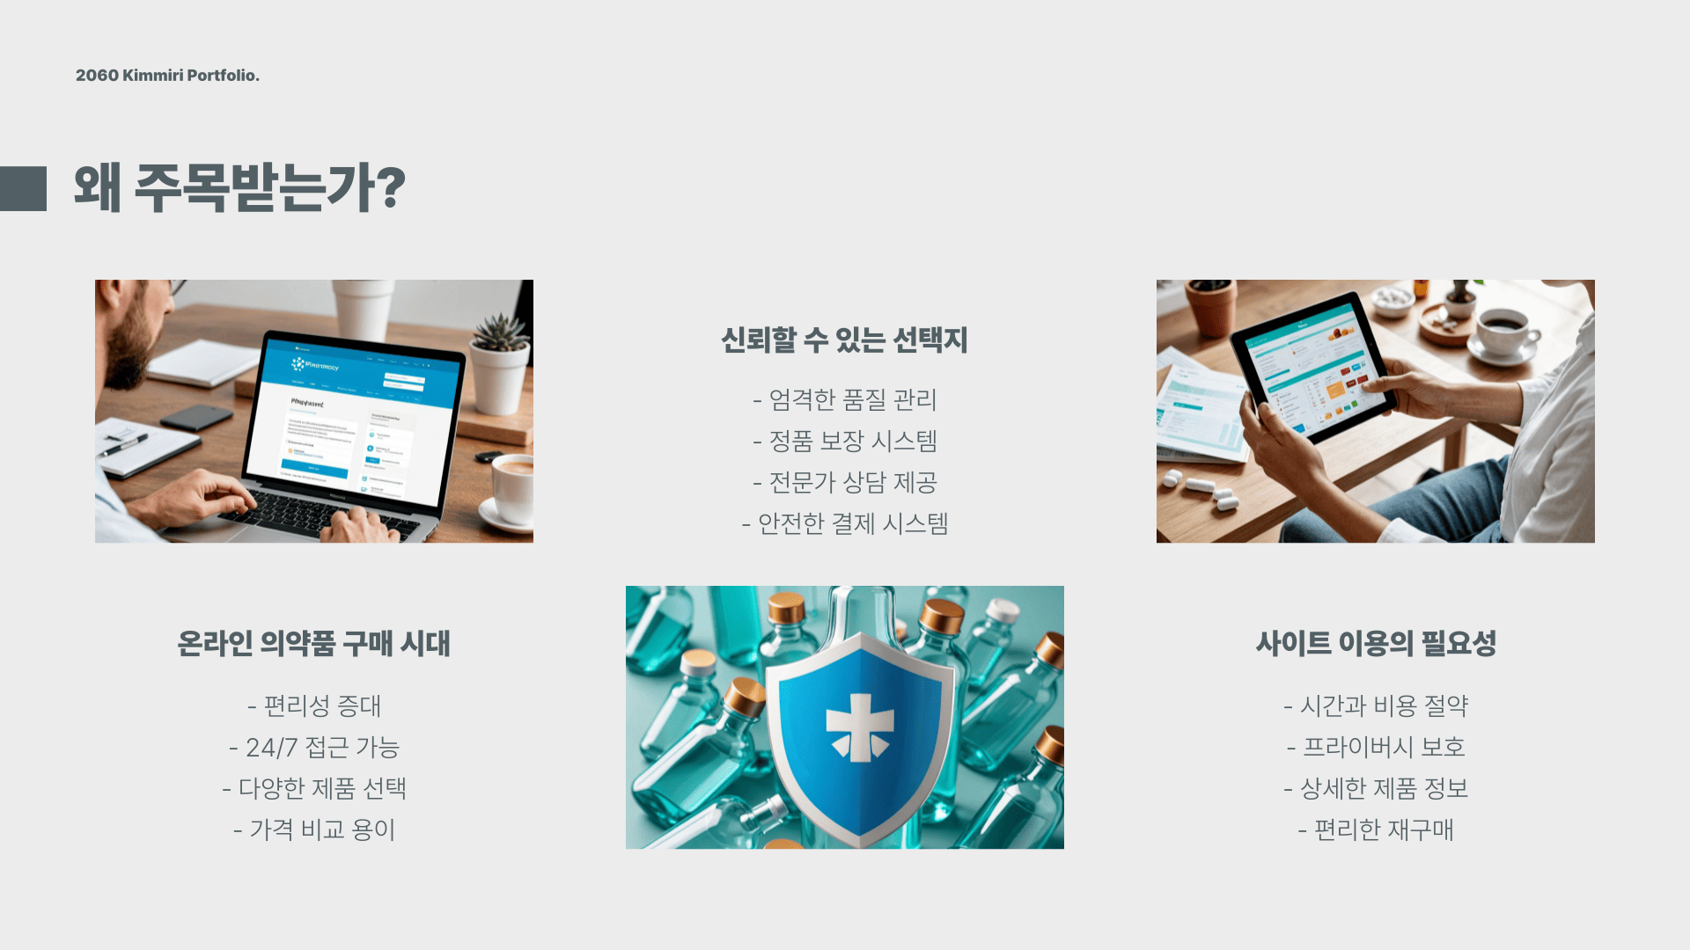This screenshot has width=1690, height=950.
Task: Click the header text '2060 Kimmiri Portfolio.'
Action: [167, 76]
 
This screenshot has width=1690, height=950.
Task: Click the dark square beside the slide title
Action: [24, 188]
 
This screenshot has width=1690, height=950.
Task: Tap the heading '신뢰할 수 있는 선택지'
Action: [844, 340]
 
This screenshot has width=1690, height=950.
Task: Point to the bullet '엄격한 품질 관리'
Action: [845, 399]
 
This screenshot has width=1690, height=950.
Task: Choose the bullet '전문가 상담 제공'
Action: [845, 482]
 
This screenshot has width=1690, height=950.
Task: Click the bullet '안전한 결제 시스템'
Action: [845, 523]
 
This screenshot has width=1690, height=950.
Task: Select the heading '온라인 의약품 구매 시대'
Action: [313, 643]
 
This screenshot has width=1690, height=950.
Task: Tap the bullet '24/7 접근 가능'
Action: [314, 747]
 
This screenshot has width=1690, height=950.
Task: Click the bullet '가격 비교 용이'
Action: [314, 829]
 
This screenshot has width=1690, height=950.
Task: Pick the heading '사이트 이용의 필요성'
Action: [1376, 643]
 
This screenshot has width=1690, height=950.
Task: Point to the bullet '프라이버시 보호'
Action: [1376, 747]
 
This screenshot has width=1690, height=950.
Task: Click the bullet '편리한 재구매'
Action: [1376, 829]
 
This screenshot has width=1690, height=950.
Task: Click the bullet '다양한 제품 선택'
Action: [314, 788]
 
